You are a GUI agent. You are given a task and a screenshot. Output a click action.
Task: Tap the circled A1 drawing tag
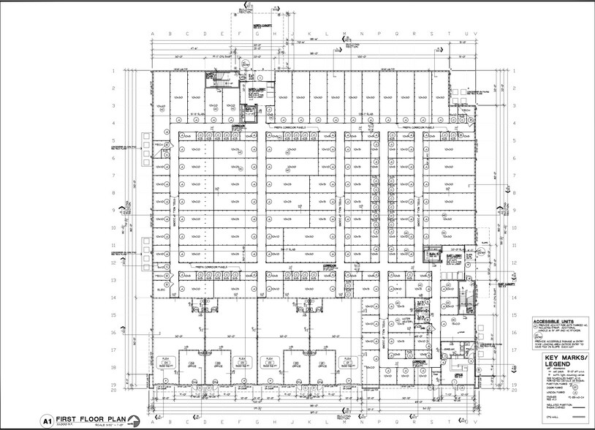45,421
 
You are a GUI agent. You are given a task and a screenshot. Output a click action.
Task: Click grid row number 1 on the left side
115,71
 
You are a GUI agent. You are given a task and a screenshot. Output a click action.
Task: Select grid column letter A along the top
152,34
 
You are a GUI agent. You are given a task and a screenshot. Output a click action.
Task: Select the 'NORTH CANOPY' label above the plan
263,25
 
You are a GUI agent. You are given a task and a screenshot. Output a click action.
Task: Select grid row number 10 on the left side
115,227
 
